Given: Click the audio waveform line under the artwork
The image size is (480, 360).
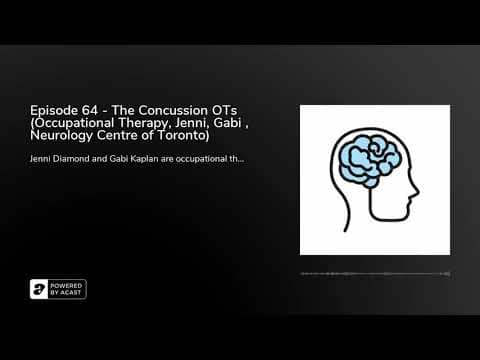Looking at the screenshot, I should tap(375, 273).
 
